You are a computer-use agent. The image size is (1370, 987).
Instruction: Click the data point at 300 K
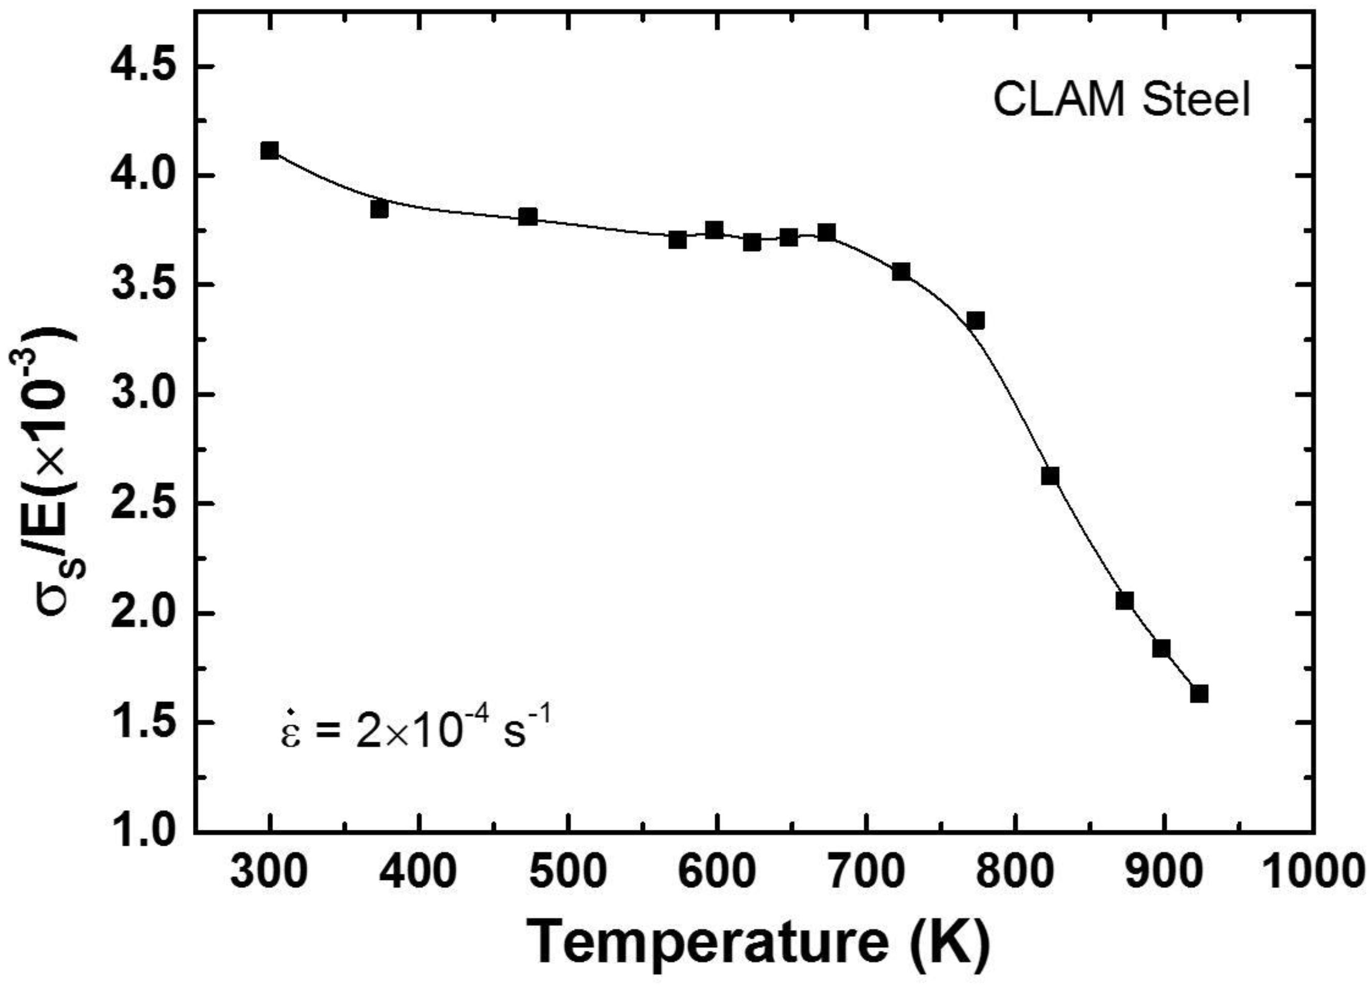269,151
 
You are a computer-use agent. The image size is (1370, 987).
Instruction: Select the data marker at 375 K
379,209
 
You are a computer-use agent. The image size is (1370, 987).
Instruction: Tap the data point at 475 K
528,216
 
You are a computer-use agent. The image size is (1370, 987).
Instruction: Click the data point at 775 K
975,321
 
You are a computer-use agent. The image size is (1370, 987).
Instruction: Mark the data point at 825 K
1050,476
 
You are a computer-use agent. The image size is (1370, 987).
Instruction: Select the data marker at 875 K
1124,601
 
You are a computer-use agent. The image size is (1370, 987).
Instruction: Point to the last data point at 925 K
1199,694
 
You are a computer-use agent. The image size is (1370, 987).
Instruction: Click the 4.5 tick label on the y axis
147,66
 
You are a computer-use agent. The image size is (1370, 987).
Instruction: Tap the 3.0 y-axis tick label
147,394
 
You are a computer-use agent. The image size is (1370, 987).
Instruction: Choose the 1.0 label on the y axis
147,832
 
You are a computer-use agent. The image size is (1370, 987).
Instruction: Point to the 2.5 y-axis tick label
147,503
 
